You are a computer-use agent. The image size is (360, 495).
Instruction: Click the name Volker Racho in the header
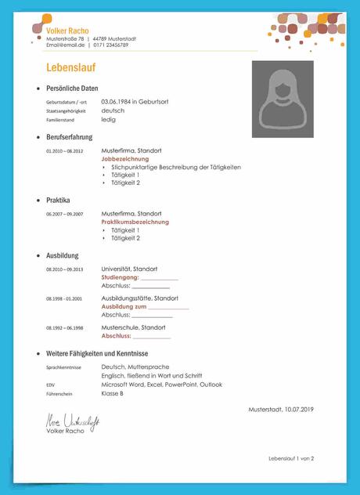[67, 31]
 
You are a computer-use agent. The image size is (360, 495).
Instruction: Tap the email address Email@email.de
[65, 45]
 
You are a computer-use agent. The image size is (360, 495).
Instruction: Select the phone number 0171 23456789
[110, 45]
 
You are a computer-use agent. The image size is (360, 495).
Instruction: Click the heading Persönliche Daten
[72, 89]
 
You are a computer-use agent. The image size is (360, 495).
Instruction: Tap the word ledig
[109, 120]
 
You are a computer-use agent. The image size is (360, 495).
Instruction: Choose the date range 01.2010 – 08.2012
[64, 150]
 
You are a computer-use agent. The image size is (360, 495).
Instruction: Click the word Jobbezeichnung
[125, 158]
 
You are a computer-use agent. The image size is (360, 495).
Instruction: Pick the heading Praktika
[58, 200]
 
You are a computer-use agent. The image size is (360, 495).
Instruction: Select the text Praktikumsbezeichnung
[135, 222]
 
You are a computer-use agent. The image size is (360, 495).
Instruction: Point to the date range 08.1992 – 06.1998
[64, 327]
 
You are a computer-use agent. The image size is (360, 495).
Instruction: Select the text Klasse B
[112, 394]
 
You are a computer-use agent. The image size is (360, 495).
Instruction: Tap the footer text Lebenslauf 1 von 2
[290, 458]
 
